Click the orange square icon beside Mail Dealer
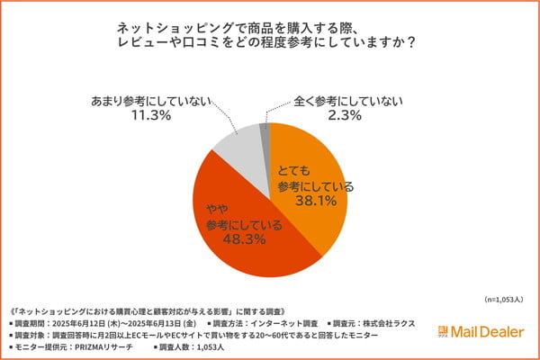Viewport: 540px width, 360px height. click(x=444, y=329)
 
